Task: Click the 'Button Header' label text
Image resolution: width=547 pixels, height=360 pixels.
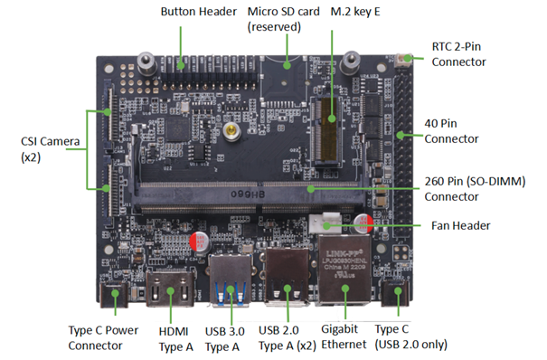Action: (200, 13)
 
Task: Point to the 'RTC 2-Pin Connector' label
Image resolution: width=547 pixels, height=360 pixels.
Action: (458, 53)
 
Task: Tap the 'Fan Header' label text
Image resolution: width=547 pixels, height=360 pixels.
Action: (459, 225)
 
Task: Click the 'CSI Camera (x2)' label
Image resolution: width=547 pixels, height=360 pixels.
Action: (44, 148)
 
